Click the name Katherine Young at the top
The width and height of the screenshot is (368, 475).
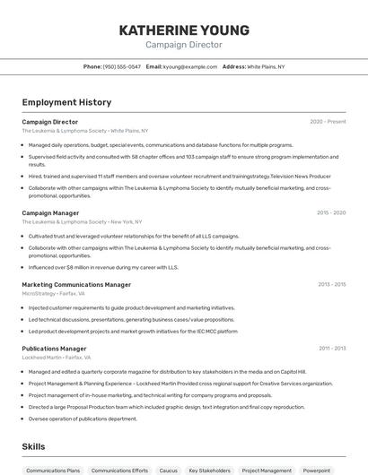click(x=183, y=30)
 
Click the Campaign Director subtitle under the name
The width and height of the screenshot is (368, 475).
click(x=183, y=45)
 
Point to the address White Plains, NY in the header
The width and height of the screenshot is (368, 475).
click(x=266, y=66)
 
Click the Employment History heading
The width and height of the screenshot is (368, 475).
click(x=66, y=102)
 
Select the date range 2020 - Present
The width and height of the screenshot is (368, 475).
click(x=328, y=122)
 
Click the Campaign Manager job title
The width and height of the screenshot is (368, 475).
click(x=50, y=213)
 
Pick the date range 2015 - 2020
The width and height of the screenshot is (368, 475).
click(x=331, y=213)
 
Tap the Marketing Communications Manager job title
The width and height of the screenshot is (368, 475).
click(x=76, y=284)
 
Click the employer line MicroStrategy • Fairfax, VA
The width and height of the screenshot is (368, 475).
click(x=54, y=293)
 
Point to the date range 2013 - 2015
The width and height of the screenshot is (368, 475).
click(x=331, y=284)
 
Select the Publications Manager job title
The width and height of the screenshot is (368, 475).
click(x=54, y=349)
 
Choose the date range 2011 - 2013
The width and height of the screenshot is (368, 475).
click(x=332, y=349)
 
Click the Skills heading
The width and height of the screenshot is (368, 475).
click(x=33, y=446)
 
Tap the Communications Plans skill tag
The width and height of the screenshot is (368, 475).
click(x=53, y=470)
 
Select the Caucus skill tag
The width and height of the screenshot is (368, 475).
click(x=168, y=470)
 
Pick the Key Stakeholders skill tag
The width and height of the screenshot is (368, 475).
click(x=209, y=470)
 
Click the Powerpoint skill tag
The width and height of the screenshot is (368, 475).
click(x=316, y=470)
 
